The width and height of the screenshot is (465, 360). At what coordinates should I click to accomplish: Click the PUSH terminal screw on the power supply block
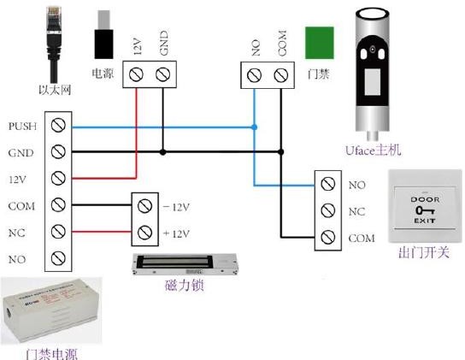coord(58,125)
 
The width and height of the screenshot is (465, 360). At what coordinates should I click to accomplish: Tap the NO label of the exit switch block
coord(356,186)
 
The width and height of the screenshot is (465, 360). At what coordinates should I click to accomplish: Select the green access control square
coord(320,43)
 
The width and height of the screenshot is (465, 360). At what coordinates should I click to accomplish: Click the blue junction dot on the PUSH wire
coord(254,127)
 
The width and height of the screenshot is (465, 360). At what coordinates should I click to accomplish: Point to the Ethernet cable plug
coord(55,44)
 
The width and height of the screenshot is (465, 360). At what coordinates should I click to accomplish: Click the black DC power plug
coord(103,35)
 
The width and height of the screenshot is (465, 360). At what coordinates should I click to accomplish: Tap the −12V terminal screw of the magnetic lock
coord(144,206)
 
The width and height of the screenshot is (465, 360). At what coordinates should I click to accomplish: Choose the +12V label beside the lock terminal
coord(176,233)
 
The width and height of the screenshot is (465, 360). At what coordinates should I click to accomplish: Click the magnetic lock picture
coord(185,265)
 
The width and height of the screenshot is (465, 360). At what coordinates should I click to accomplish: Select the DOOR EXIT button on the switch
coord(425,208)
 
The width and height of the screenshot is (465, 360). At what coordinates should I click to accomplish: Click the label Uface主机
coord(373,150)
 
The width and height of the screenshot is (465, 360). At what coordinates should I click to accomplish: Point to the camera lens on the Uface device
coord(372,49)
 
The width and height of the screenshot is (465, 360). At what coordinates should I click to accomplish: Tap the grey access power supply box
coord(51,311)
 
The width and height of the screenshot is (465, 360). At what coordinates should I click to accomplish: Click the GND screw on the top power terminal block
coord(162,74)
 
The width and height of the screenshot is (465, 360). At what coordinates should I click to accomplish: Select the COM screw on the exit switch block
coord(328,237)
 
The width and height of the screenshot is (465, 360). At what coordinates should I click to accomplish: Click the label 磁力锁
coord(185,286)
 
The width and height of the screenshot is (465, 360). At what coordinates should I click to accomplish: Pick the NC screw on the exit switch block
coord(328,210)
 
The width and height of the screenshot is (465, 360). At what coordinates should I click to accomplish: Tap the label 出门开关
coord(424,253)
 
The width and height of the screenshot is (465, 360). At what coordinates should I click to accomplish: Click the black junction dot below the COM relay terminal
coord(281,152)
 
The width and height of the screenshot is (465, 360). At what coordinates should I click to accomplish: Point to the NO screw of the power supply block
coord(58,258)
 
